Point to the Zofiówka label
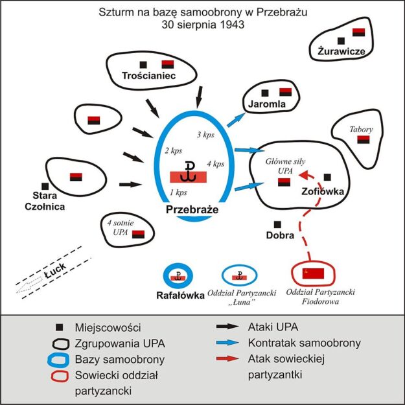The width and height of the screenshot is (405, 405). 325,191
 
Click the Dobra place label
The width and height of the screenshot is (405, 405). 281,235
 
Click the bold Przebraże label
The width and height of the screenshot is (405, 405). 191,211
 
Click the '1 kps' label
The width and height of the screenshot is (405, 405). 178,192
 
